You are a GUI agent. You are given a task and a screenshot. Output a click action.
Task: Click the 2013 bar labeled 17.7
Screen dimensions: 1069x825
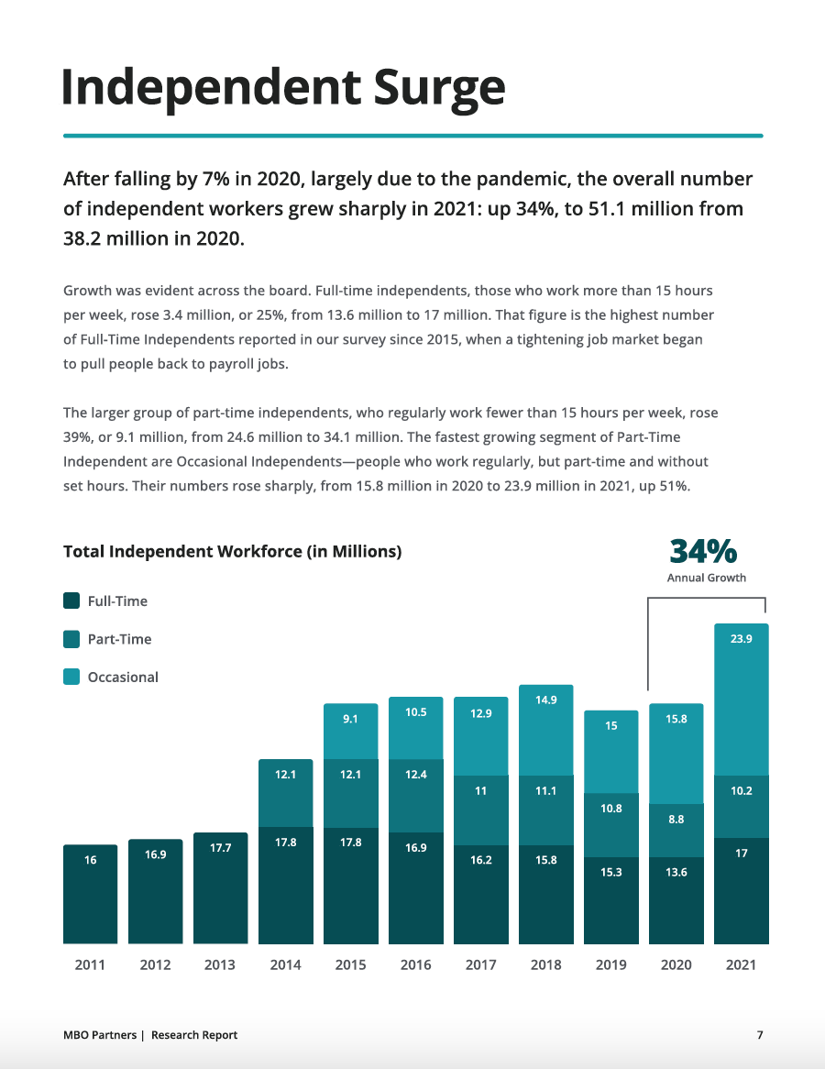(221, 887)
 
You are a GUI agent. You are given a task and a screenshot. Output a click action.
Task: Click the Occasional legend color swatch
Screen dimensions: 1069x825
(71, 678)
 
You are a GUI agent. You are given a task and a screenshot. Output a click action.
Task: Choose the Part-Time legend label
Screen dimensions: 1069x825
(119, 639)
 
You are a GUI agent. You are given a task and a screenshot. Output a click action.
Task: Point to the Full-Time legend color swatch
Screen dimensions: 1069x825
(71, 601)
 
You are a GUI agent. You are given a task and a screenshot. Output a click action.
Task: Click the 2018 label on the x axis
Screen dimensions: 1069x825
(545, 964)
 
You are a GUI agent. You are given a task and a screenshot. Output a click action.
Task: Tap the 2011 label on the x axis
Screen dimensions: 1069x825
(90, 964)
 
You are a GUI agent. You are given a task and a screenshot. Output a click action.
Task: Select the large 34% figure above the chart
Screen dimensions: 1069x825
(703, 551)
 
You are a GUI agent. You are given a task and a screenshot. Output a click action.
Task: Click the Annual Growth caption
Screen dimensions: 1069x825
(706, 578)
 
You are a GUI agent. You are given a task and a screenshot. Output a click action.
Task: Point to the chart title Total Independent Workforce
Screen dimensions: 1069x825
(232, 552)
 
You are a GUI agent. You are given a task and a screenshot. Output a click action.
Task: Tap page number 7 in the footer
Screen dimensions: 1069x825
(760, 1035)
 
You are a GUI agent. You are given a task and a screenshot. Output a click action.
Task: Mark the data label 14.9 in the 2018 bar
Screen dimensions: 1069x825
(545, 700)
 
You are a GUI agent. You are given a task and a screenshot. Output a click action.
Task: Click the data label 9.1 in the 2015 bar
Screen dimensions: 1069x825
(350, 720)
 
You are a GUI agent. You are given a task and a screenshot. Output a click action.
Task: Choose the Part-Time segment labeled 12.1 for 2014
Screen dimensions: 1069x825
(285, 793)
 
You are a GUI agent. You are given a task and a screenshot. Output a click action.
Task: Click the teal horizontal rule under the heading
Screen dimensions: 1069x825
(412, 136)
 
